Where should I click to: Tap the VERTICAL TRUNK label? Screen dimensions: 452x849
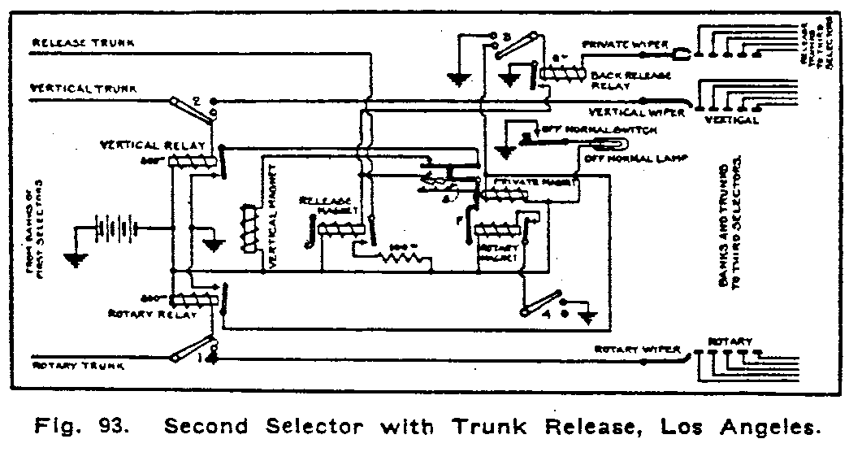[74, 87]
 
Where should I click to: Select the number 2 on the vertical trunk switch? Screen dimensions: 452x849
[196, 102]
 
